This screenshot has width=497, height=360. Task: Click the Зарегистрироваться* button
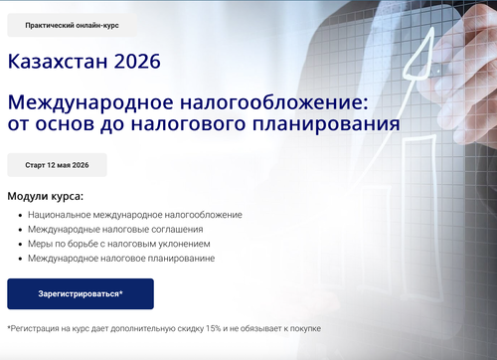click(81, 293)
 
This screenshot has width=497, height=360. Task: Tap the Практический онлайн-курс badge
click(72, 25)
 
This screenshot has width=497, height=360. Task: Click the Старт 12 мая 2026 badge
click(57, 165)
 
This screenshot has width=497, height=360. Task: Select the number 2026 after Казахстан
click(137, 61)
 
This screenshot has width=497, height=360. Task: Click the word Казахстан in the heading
click(58, 61)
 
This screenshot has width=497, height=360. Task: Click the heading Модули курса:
click(46, 196)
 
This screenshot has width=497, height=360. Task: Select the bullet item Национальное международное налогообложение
click(135, 215)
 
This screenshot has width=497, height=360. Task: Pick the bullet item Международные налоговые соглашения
click(115, 230)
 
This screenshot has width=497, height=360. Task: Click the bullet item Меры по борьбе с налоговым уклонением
click(119, 244)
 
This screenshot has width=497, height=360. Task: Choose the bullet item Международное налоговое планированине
click(121, 259)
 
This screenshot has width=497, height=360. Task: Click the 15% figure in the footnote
click(213, 328)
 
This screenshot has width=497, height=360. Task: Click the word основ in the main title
click(65, 124)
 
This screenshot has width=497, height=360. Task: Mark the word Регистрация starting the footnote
click(31, 329)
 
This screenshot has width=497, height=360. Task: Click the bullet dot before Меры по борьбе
click(21, 245)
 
